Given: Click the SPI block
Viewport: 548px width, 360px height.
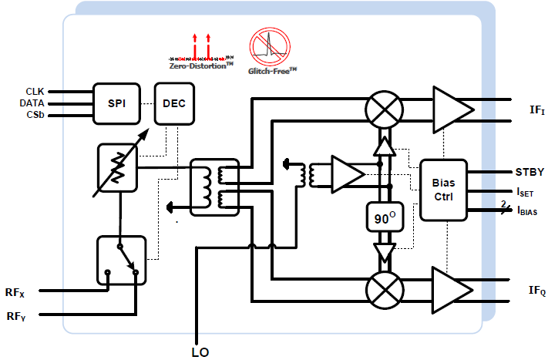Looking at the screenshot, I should (x=117, y=104).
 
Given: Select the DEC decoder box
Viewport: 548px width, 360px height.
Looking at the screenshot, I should (x=174, y=104).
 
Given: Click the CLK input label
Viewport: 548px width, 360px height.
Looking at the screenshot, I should (x=35, y=91).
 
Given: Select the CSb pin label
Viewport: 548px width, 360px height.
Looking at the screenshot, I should (x=35, y=116).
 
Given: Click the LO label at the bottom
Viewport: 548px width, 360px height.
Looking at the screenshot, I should (x=200, y=352).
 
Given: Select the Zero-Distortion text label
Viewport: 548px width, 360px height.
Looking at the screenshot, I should (x=203, y=67).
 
